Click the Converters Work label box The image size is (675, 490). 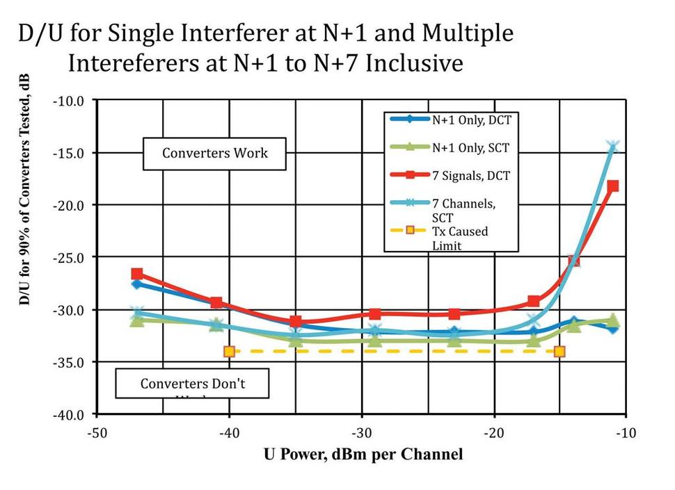[214, 153]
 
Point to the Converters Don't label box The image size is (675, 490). [192, 383]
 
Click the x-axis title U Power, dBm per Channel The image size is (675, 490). [363, 455]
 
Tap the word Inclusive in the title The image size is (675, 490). [414, 63]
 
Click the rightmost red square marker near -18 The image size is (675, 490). [612, 186]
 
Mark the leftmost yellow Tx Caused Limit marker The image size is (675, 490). [229, 352]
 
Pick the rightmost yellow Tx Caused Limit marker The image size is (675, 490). [559, 352]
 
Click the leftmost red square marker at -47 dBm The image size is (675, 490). [137, 274]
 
